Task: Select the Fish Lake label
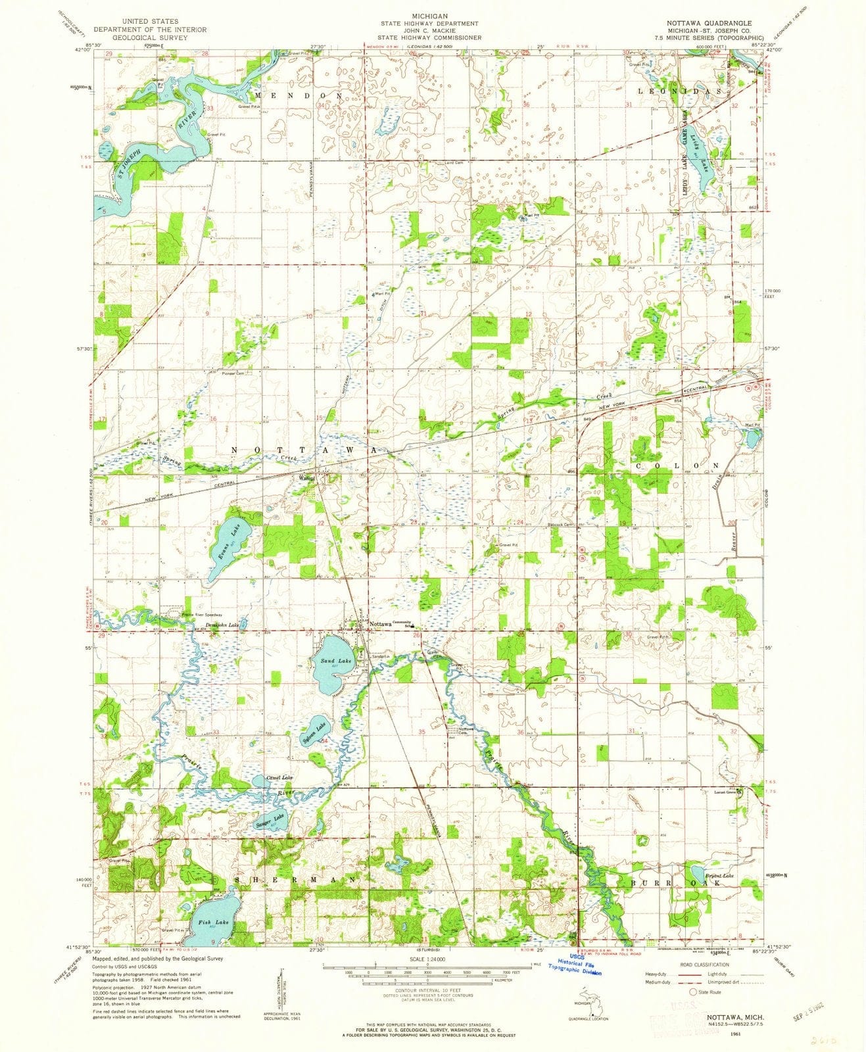tap(208, 922)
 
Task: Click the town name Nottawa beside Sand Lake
tap(380, 624)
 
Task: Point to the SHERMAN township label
tap(296, 879)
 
